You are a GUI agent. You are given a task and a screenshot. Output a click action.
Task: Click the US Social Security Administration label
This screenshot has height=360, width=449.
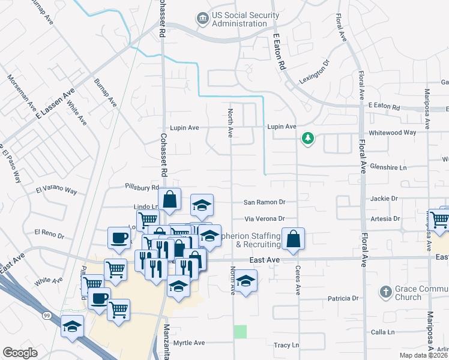[x=240, y=19]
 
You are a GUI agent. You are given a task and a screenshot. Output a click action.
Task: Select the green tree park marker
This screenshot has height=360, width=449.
[x=308, y=139]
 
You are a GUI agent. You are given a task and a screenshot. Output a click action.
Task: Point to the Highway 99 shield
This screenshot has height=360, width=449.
[x=47, y=314]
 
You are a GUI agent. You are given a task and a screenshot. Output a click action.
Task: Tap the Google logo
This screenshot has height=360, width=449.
[x=20, y=353]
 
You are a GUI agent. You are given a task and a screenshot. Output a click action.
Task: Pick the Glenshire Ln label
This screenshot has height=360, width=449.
[x=388, y=167]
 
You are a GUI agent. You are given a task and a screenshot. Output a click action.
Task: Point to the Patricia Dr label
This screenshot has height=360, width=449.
[x=343, y=298]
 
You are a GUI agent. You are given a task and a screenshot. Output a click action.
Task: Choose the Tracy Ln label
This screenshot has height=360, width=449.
[x=286, y=345]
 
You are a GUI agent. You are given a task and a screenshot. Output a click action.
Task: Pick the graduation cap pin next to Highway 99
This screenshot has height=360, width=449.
[x=72, y=326]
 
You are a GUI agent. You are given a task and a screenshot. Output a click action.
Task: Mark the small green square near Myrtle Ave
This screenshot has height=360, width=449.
[x=240, y=331]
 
